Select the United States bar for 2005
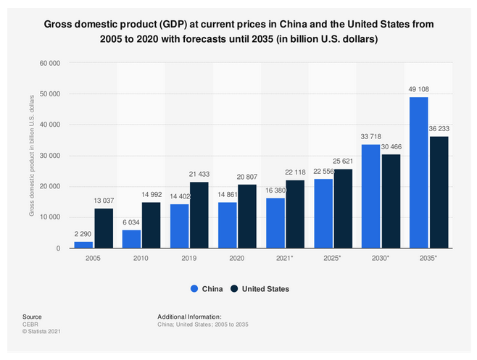pyautogui.click(x=104, y=228)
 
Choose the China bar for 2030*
pyautogui.click(x=370, y=196)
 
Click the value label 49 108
pyautogui.click(x=398, y=91)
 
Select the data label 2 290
pyautogui.click(x=84, y=235)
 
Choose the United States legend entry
pyautogui.click(x=260, y=289)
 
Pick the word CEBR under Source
pyautogui.click(x=30, y=325)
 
